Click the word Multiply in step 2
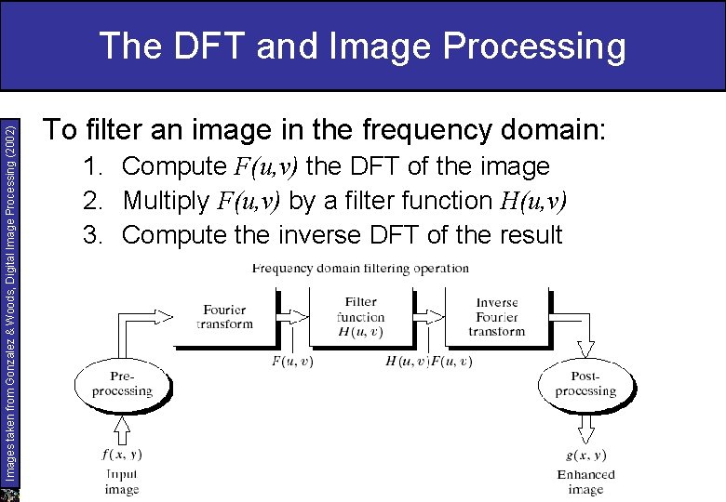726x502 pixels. pos(164,201)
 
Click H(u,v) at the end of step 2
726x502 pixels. pos(533,201)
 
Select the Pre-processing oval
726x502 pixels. pos(122,384)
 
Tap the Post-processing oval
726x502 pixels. pos(585,384)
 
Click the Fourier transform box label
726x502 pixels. pos(224,317)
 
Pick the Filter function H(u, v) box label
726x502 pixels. pos(360,317)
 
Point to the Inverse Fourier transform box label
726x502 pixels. pos(497,317)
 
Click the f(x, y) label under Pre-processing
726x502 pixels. pos(122,455)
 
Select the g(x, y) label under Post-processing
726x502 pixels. pos(585,455)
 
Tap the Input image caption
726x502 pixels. pos(122,482)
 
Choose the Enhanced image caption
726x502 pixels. pos(585,482)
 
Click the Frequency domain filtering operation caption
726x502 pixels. pos(360,269)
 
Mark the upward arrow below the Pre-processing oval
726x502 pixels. pos(122,429)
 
